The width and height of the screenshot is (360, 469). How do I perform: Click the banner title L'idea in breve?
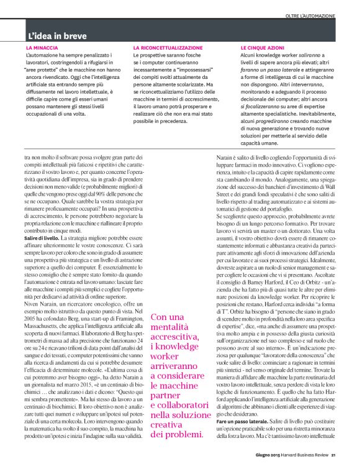[x=60, y=36]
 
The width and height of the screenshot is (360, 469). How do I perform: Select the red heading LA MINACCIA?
[x=42, y=48]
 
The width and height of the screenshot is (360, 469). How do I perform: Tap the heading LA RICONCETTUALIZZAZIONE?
[x=168, y=48]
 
